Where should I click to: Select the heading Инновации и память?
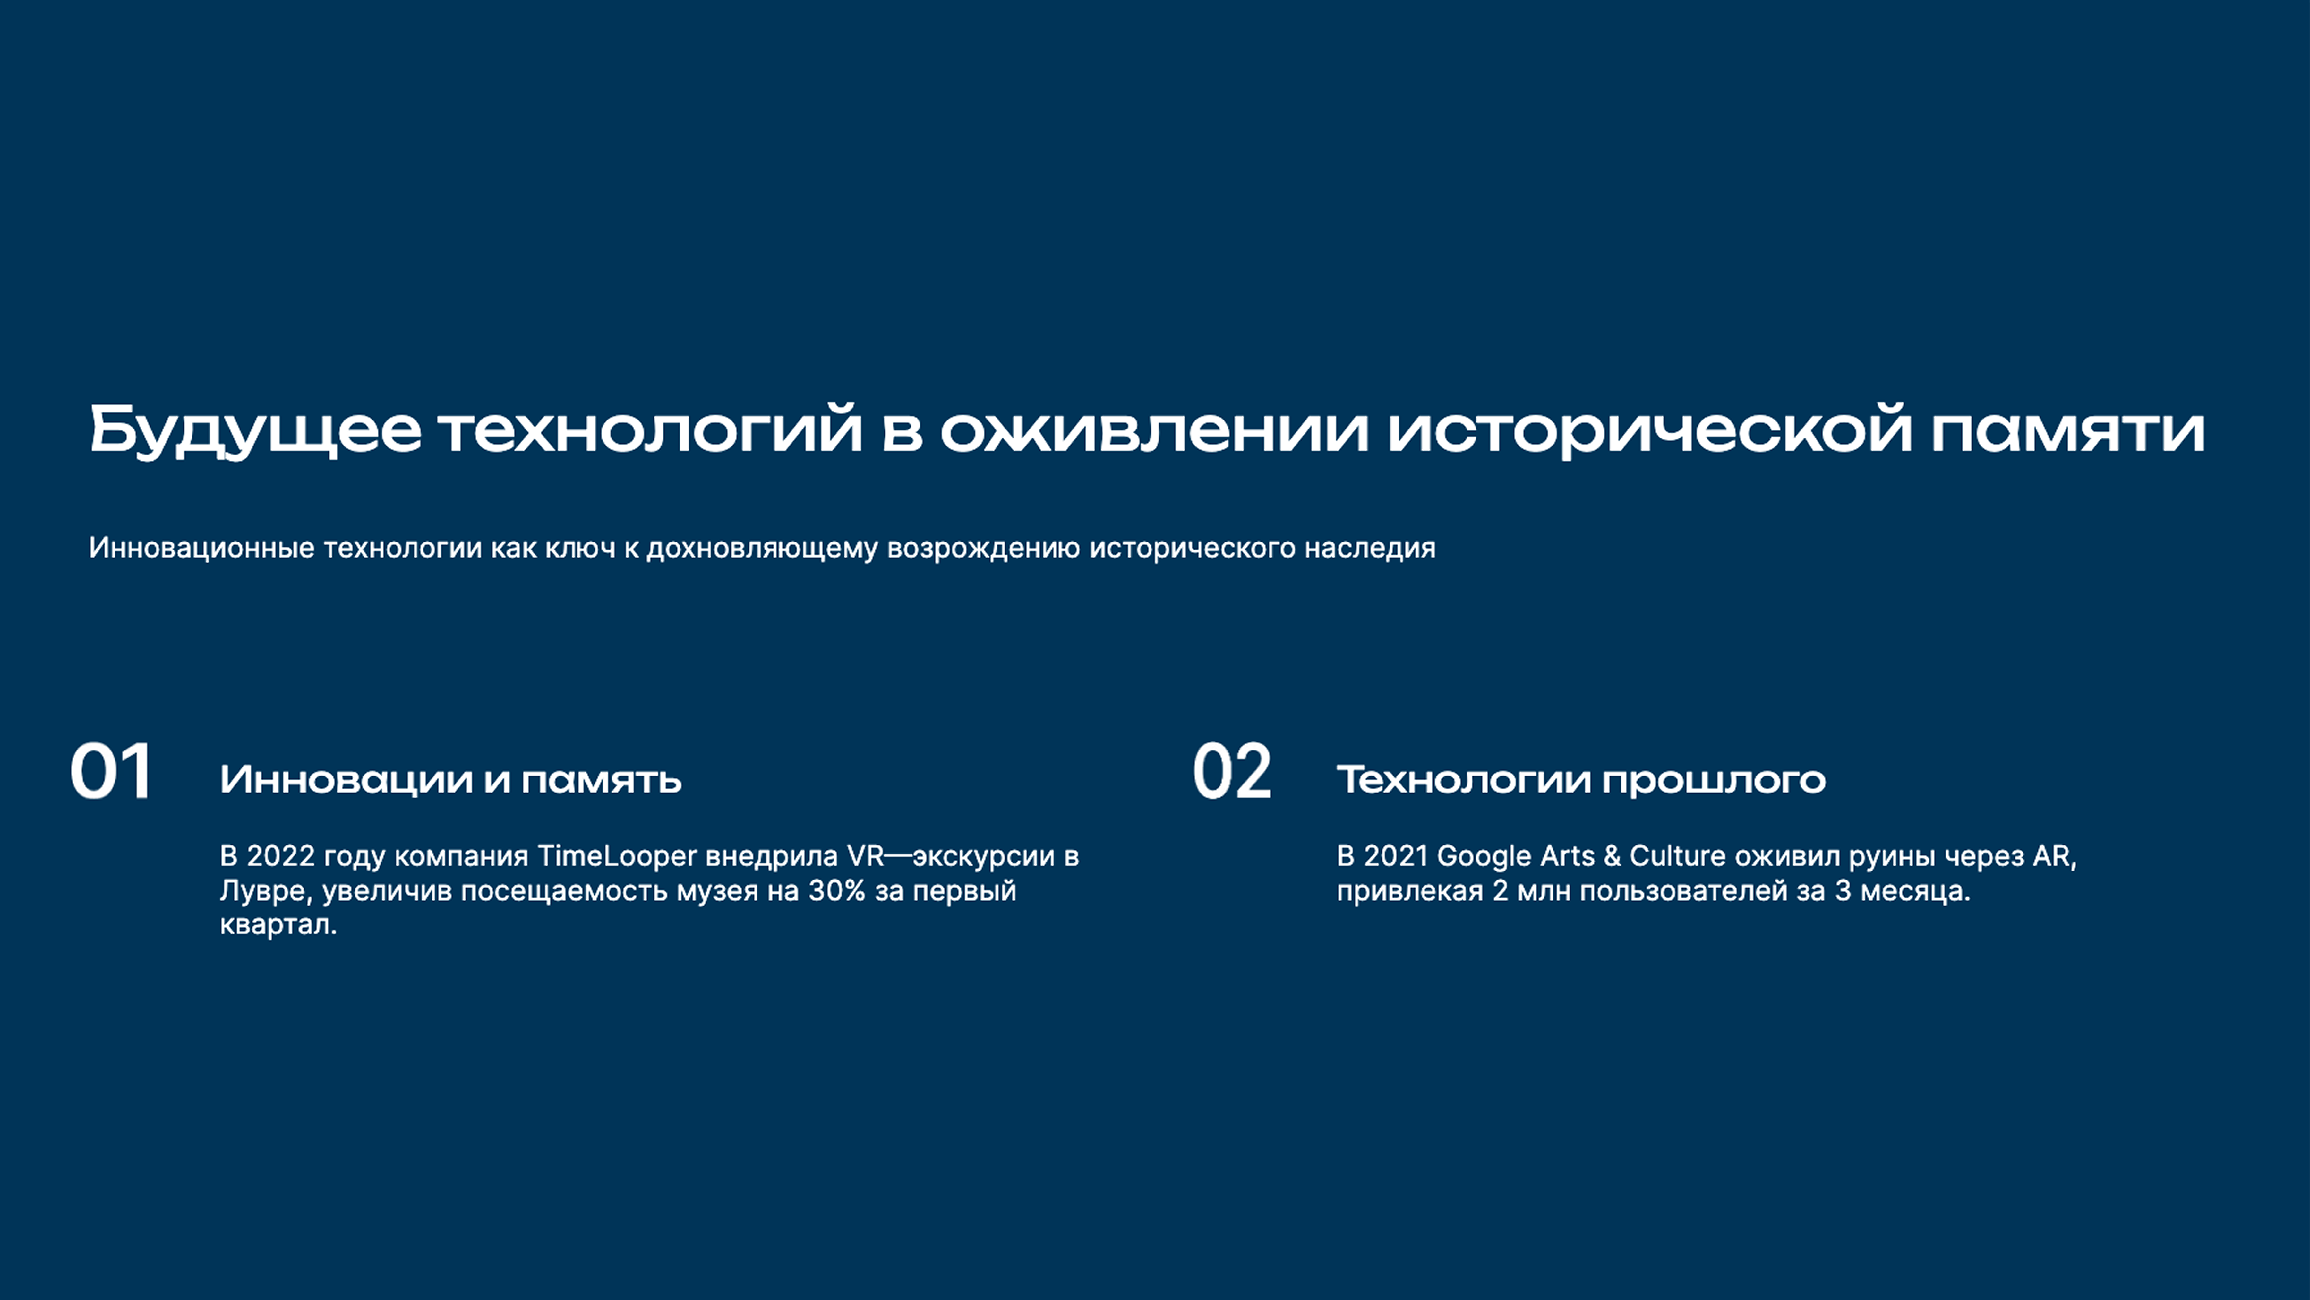point(450,780)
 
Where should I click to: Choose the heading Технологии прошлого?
point(1581,780)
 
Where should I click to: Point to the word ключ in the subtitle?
point(581,548)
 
